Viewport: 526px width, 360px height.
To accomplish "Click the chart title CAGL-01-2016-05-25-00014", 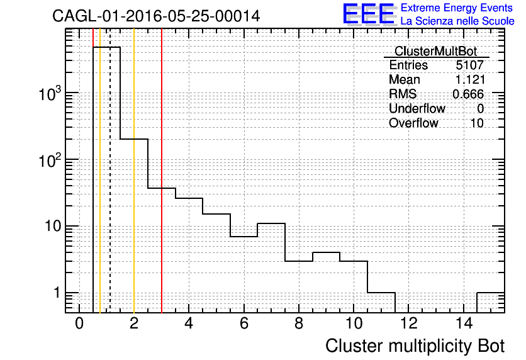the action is tap(156, 16).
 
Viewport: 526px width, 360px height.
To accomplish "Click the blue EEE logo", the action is tap(369, 14).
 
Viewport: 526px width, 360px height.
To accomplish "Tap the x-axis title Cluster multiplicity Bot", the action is tap(415, 346).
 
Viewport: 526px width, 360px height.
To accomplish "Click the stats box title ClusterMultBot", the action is tap(436, 51).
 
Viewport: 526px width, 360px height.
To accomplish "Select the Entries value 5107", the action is tap(469, 65).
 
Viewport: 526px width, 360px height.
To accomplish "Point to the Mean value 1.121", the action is tap(469, 79).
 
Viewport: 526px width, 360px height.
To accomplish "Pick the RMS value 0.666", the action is tap(468, 94).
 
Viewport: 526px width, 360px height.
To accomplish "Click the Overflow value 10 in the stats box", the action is tap(477, 123).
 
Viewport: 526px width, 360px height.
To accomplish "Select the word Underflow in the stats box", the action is tap(417, 108).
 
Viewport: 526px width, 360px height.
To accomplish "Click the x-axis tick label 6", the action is tap(244, 323).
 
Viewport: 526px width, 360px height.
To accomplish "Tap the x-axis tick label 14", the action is tap(464, 323).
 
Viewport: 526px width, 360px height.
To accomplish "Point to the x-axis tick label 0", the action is tap(79, 323).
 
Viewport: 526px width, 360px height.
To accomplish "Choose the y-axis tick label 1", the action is tap(57, 293).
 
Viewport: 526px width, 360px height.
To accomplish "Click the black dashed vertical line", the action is tap(110, 171).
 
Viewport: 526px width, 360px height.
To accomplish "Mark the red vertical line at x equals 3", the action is tap(162, 171).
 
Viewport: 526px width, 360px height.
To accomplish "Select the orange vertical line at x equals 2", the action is tap(134, 171).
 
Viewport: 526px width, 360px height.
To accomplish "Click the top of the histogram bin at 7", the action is tap(271, 223).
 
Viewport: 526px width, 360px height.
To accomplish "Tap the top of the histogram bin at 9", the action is tap(327, 252).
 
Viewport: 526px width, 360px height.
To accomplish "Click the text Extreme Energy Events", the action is tap(457, 8).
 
